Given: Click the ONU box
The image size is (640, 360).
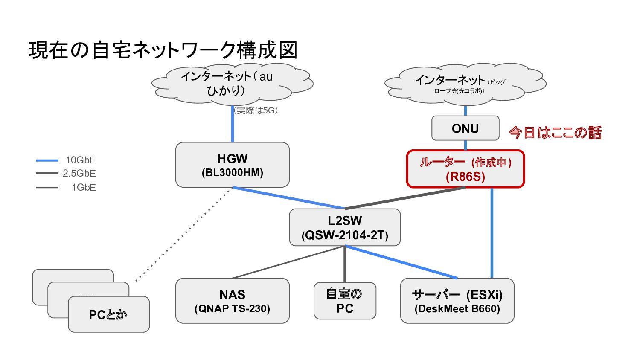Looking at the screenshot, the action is (x=465, y=128).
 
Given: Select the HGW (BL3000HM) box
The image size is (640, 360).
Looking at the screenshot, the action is (x=232, y=165).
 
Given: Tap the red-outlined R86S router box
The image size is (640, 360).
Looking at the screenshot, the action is (x=465, y=169).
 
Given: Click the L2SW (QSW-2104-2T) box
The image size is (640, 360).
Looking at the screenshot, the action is (x=345, y=227).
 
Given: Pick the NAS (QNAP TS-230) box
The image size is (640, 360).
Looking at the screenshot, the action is (x=232, y=301).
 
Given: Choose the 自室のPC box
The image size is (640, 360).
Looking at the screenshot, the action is (x=345, y=301).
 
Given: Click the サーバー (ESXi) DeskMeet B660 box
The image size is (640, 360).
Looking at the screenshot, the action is (x=457, y=301).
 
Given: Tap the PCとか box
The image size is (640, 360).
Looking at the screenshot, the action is (x=108, y=314).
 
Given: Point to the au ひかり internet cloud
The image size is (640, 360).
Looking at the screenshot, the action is (x=232, y=84).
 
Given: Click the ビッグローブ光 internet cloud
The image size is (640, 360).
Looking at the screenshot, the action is (x=465, y=84).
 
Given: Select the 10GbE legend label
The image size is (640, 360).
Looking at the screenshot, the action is (x=81, y=160).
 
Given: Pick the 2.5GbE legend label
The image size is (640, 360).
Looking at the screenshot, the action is (x=79, y=173).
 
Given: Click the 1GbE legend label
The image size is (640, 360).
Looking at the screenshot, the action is (x=84, y=187).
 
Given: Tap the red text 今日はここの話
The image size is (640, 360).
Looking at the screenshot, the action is (x=555, y=133).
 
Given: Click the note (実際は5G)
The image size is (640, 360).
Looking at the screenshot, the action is (x=256, y=110).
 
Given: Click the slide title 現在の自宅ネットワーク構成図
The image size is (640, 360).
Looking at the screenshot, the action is (x=163, y=50).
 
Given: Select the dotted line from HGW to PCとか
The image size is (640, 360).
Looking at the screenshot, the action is (x=183, y=234).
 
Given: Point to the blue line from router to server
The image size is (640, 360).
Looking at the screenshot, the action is (x=492, y=233).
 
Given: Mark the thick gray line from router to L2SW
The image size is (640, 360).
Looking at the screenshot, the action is (x=405, y=198).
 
